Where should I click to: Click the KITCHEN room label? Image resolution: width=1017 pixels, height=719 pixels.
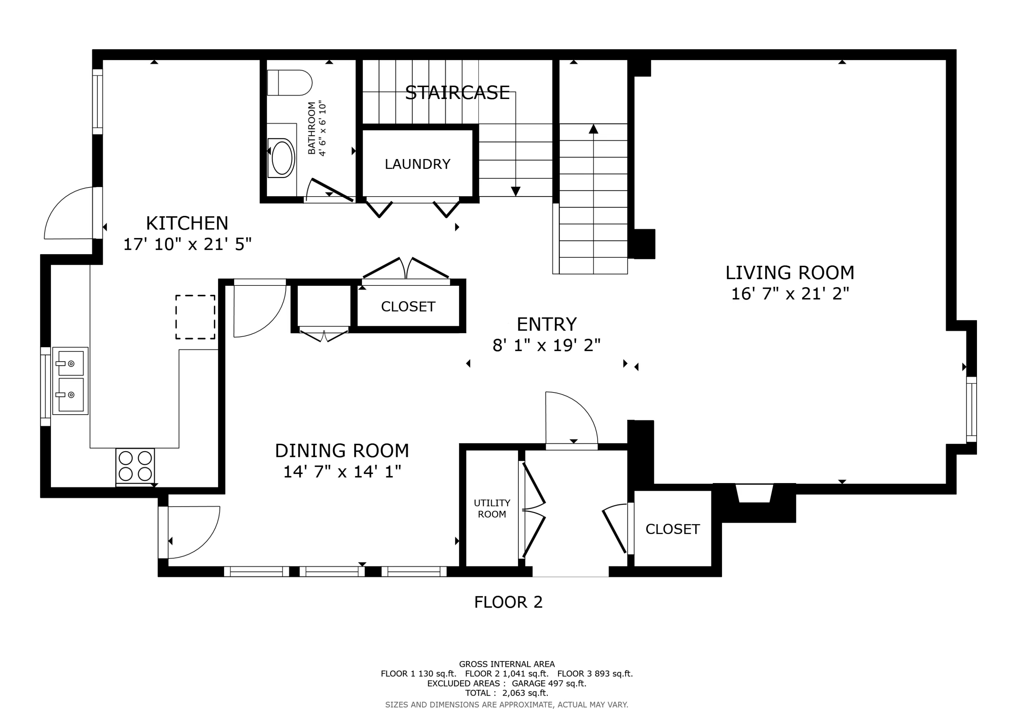(x=187, y=223)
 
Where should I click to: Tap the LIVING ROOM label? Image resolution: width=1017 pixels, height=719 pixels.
(x=790, y=273)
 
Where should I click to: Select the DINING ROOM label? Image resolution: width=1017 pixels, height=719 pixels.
(x=342, y=451)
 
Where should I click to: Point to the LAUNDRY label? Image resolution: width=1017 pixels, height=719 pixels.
(x=417, y=164)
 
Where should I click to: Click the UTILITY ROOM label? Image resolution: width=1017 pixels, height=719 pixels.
(x=492, y=508)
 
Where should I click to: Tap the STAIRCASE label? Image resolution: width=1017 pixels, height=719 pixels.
(x=457, y=93)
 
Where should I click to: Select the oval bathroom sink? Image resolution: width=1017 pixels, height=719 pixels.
(x=282, y=158)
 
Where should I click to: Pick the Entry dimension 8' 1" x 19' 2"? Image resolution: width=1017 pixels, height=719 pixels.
(x=546, y=345)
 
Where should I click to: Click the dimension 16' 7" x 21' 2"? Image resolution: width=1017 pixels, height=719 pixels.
(x=790, y=294)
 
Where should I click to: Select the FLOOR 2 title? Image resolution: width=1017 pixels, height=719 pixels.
(x=508, y=602)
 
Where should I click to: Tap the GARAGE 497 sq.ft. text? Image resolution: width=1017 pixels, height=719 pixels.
(x=549, y=683)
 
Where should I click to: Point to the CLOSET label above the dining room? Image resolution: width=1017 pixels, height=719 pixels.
(x=408, y=306)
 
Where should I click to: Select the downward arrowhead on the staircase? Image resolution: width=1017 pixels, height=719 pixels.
(x=516, y=192)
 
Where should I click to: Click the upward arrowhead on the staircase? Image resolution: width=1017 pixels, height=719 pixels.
(x=594, y=129)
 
